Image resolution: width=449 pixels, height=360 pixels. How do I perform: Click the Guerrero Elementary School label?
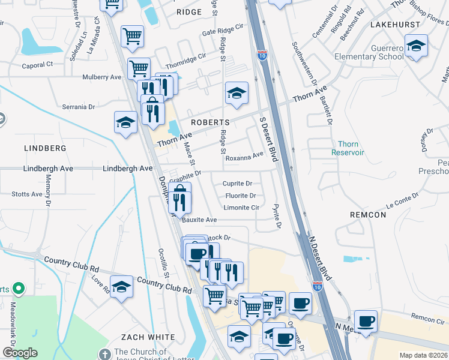click(375, 52)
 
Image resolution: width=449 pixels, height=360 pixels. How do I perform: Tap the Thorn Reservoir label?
click(348, 148)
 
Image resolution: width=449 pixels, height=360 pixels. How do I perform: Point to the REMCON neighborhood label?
click(369, 214)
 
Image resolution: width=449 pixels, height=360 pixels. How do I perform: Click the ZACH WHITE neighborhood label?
click(148, 337)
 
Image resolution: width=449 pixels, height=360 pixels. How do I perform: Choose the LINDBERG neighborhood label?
click(45, 148)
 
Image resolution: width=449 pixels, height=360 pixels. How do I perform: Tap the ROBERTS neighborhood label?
click(211, 122)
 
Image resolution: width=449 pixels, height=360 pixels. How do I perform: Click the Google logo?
click(20, 353)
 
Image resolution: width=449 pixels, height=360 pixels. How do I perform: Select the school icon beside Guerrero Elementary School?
click(415, 46)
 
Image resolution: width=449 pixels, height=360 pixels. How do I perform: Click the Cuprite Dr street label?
click(238, 184)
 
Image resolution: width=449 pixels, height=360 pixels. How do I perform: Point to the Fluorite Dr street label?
click(241, 196)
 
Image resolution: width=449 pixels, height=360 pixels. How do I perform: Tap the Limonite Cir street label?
click(241, 208)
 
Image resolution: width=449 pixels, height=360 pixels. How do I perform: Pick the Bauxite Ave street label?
click(199, 220)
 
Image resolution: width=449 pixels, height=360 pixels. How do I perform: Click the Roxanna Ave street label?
click(245, 155)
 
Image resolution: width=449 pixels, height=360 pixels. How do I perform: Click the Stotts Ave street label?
click(27, 194)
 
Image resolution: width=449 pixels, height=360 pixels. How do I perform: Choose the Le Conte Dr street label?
click(402, 200)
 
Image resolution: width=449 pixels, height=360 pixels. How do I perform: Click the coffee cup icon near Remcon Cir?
click(365, 320)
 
